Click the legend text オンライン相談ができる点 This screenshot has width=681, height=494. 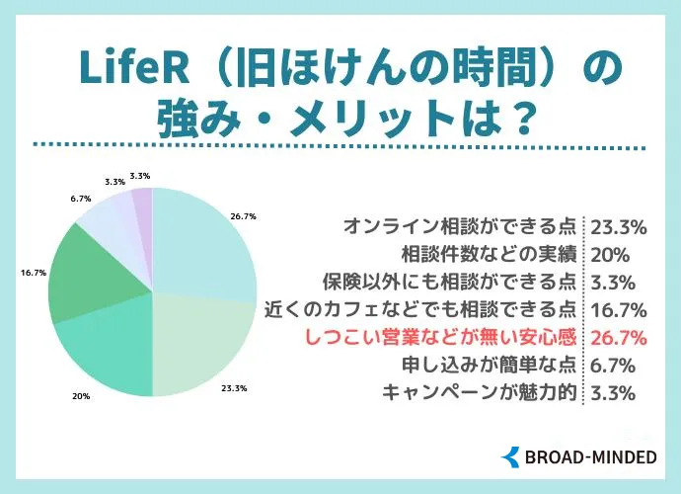[460, 226]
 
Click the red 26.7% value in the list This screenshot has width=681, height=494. [618, 337]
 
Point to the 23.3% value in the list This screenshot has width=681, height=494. [618, 226]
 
